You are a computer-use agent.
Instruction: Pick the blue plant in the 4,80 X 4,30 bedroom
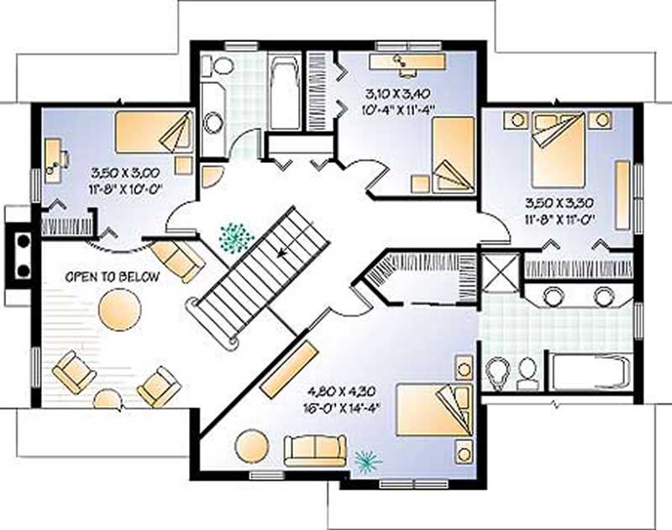[366, 459]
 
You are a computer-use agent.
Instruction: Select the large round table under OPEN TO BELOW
[118, 308]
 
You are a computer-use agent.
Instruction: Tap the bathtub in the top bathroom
[285, 92]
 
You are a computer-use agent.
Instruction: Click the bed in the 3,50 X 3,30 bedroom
[558, 150]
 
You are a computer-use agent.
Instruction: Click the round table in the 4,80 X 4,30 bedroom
[250, 445]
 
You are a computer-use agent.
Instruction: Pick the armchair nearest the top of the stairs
[178, 260]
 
